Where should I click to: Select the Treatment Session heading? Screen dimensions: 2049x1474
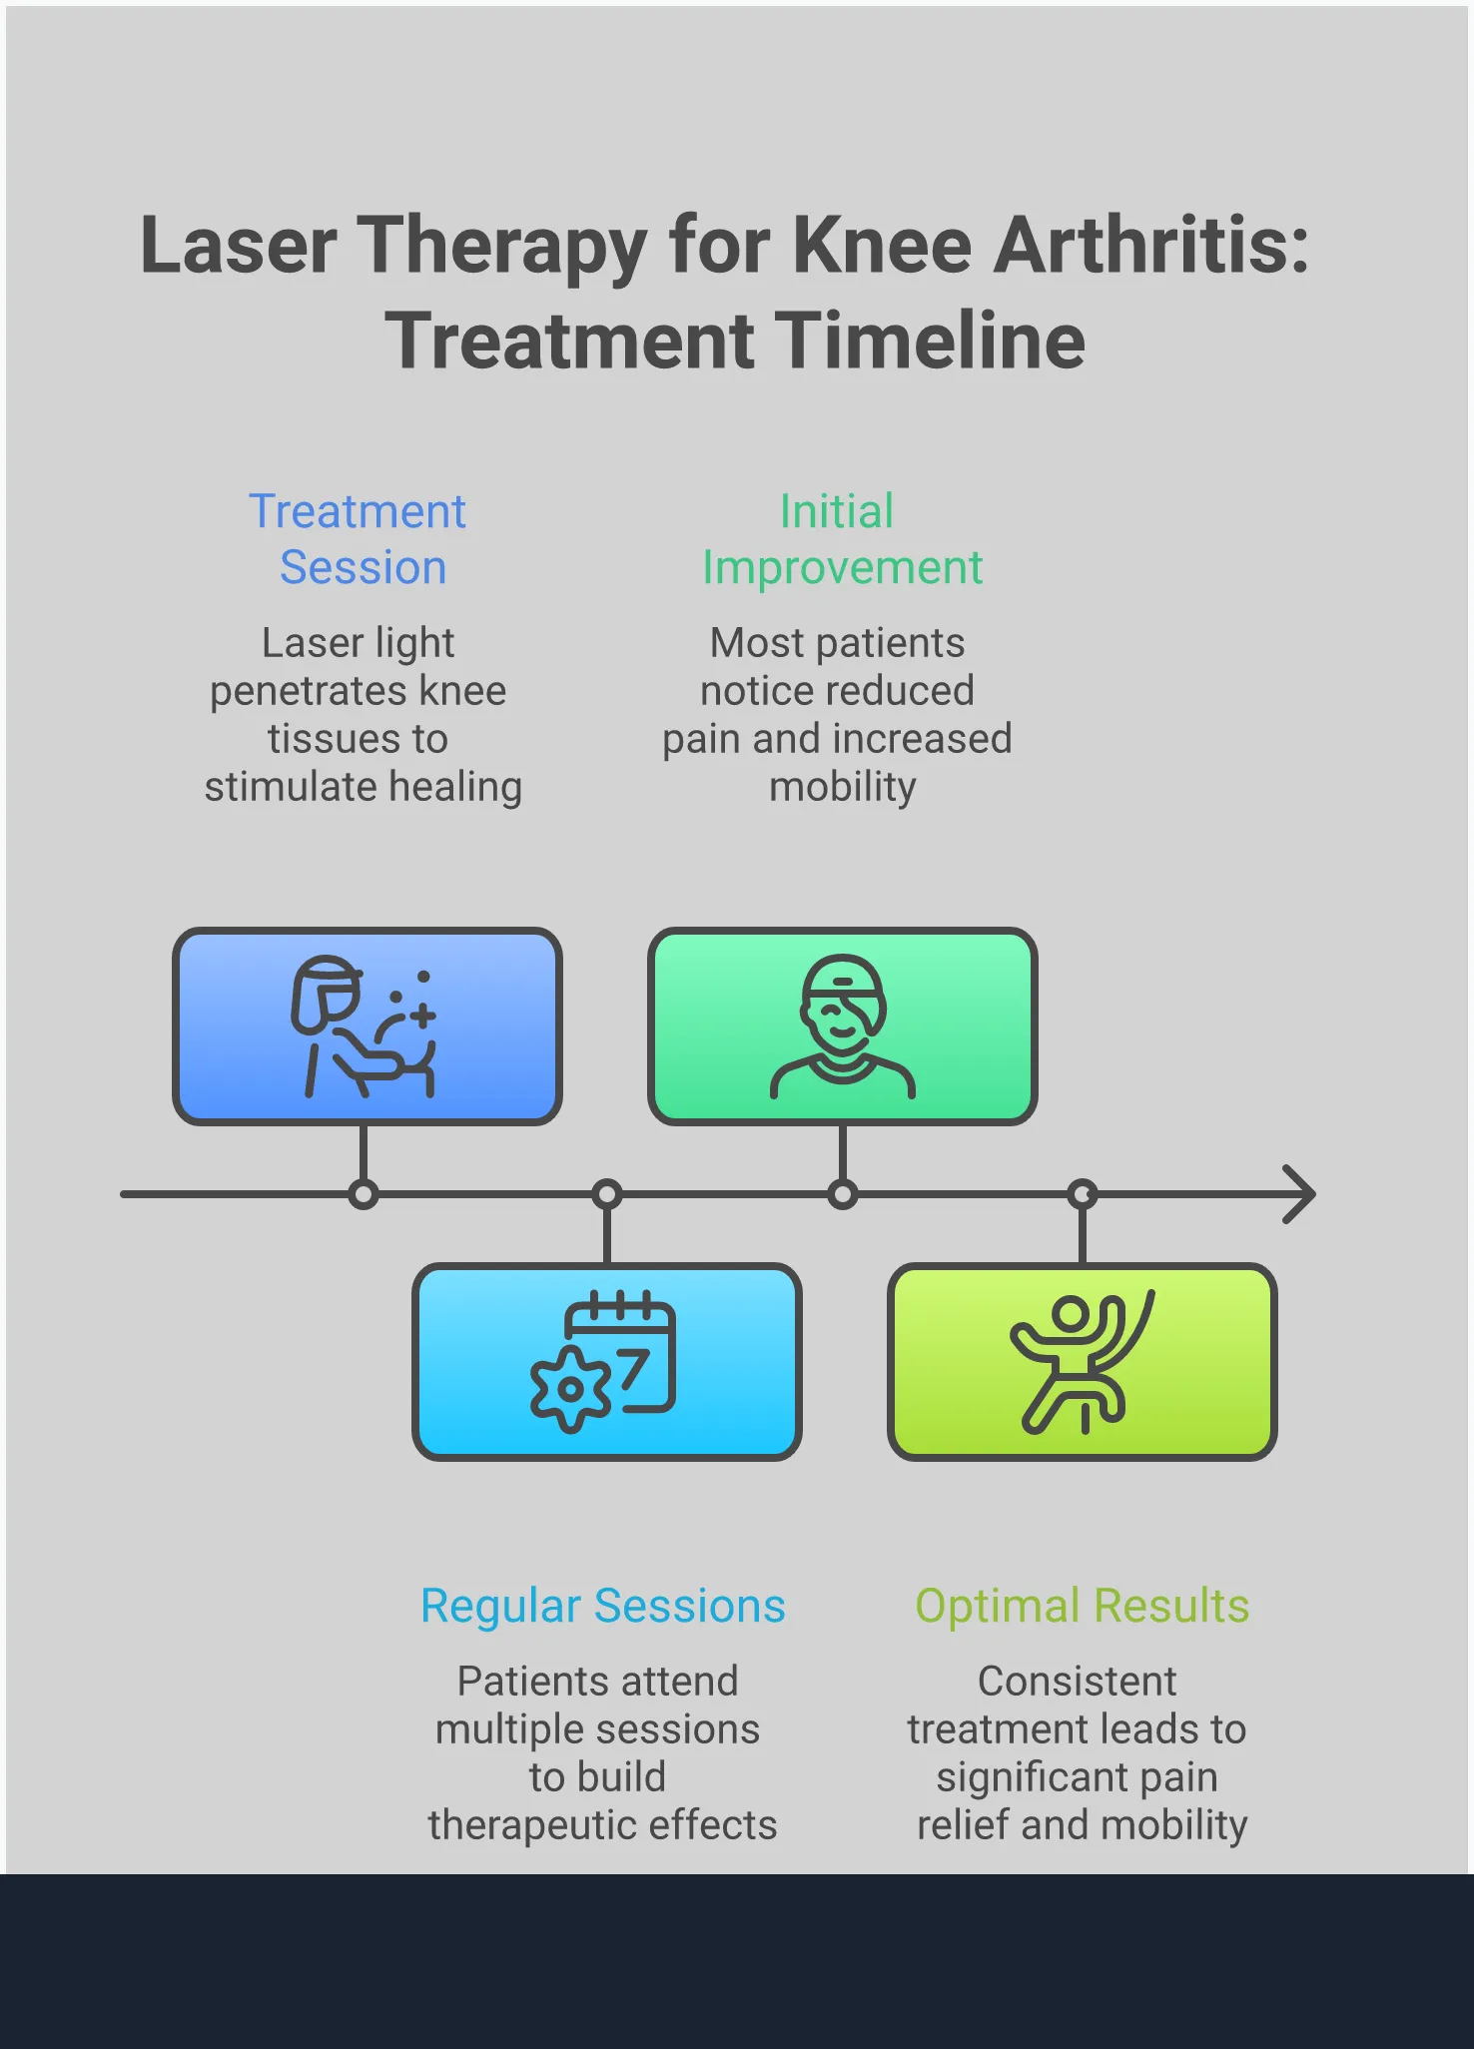point(359,539)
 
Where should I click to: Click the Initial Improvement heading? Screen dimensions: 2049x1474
point(841,539)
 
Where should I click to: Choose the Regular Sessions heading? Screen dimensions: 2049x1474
point(602,1607)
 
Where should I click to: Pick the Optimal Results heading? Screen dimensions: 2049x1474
point(1082,1607)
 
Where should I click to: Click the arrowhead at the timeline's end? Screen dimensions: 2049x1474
point(1300,1194)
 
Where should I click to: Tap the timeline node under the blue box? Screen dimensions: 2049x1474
point(364,1194)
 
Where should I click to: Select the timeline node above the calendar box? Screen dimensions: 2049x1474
point(607,1194)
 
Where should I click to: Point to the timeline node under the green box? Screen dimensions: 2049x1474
point(843,1194)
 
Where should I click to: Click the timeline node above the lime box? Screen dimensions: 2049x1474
point(1083,1194)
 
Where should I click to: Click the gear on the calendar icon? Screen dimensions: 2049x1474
point(569,1389)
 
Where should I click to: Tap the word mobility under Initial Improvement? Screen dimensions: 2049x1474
point(842,788)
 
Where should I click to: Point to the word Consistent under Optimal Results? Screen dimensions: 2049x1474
point(1077,1682)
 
